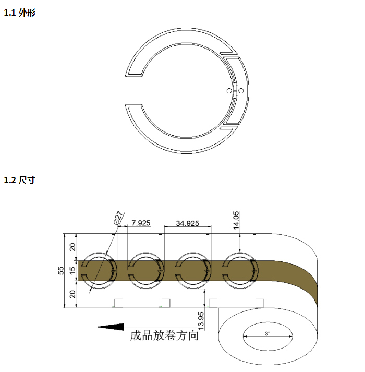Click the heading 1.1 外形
pos(19,13)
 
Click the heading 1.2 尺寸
pos(19,181)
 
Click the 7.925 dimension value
pos(141,223)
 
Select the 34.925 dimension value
pos(188,223)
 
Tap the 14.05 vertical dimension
pos(236,220)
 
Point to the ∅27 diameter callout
pos(118,218)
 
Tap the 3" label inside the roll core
pos(267,333)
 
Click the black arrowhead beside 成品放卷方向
pos(110,327)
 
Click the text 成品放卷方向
pos(164,335)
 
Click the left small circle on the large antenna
pos(229,91)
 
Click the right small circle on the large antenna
pos(241,91)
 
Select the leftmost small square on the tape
pos(118,303)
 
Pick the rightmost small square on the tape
pos(259,303)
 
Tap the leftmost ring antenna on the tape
pos(98,269)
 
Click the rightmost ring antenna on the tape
pos(239,269)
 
